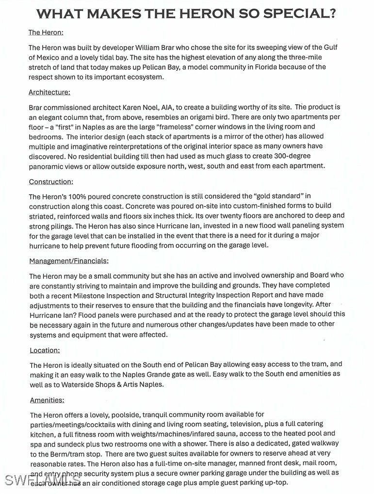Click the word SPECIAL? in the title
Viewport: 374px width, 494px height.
click(299, 14)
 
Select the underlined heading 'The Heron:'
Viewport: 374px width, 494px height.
click(46, 33)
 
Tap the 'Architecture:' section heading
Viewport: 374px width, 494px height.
click(49, 92)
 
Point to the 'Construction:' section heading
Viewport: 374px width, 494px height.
click(51, 182)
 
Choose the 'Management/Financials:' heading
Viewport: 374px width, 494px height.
click(69, 261)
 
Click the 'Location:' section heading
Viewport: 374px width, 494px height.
click(45, 350)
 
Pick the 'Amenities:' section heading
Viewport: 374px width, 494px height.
click(47, 400)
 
